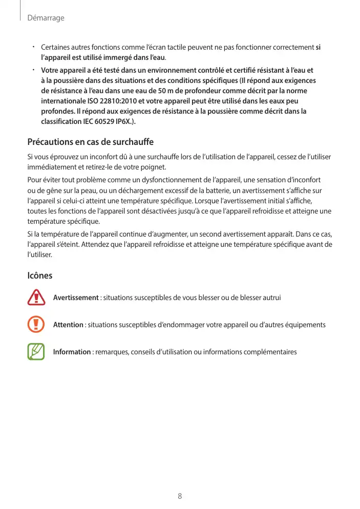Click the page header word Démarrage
(46, 18)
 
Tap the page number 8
(180, 496)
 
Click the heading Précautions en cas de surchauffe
(90, 141)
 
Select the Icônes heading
(39, 275)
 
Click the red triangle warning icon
(36, 298)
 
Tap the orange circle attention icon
(36, 325)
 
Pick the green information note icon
(36, 352)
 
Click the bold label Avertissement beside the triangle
(76, 298)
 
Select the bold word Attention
(68, 325)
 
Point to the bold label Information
(72, 352)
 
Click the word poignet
(154, 167)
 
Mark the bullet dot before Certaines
(32, 47)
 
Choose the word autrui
(270, 298)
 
